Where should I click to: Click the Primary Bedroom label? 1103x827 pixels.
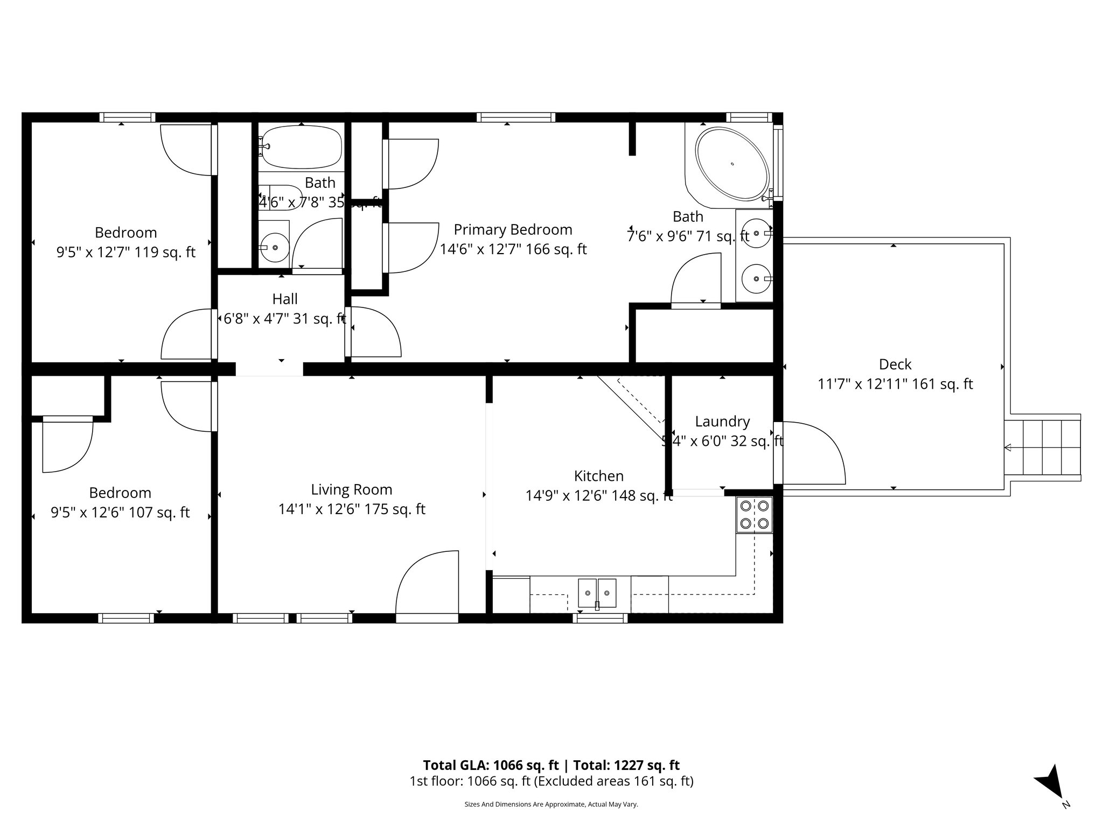click(513, 230)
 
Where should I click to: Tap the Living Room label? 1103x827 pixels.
click(351, 489)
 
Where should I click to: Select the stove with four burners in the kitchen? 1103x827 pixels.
click(754, 514)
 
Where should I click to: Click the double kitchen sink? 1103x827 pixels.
click(597, 593)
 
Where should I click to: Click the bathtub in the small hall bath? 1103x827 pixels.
click(301, 146)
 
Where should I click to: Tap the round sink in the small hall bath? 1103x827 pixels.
click(275, 247)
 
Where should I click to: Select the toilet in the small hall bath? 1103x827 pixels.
click(280, 197)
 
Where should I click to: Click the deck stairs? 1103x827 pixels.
click(1043, 447)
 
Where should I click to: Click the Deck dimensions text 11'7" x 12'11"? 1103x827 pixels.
click(895, 384)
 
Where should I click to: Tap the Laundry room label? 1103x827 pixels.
click(722, 422)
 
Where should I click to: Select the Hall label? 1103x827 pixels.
click(285, 299)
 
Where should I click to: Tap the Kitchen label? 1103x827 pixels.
click(598, 476)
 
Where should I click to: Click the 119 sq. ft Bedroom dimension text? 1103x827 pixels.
click(125, 252)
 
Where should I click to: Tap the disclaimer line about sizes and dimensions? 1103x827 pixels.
click(551, 804)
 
